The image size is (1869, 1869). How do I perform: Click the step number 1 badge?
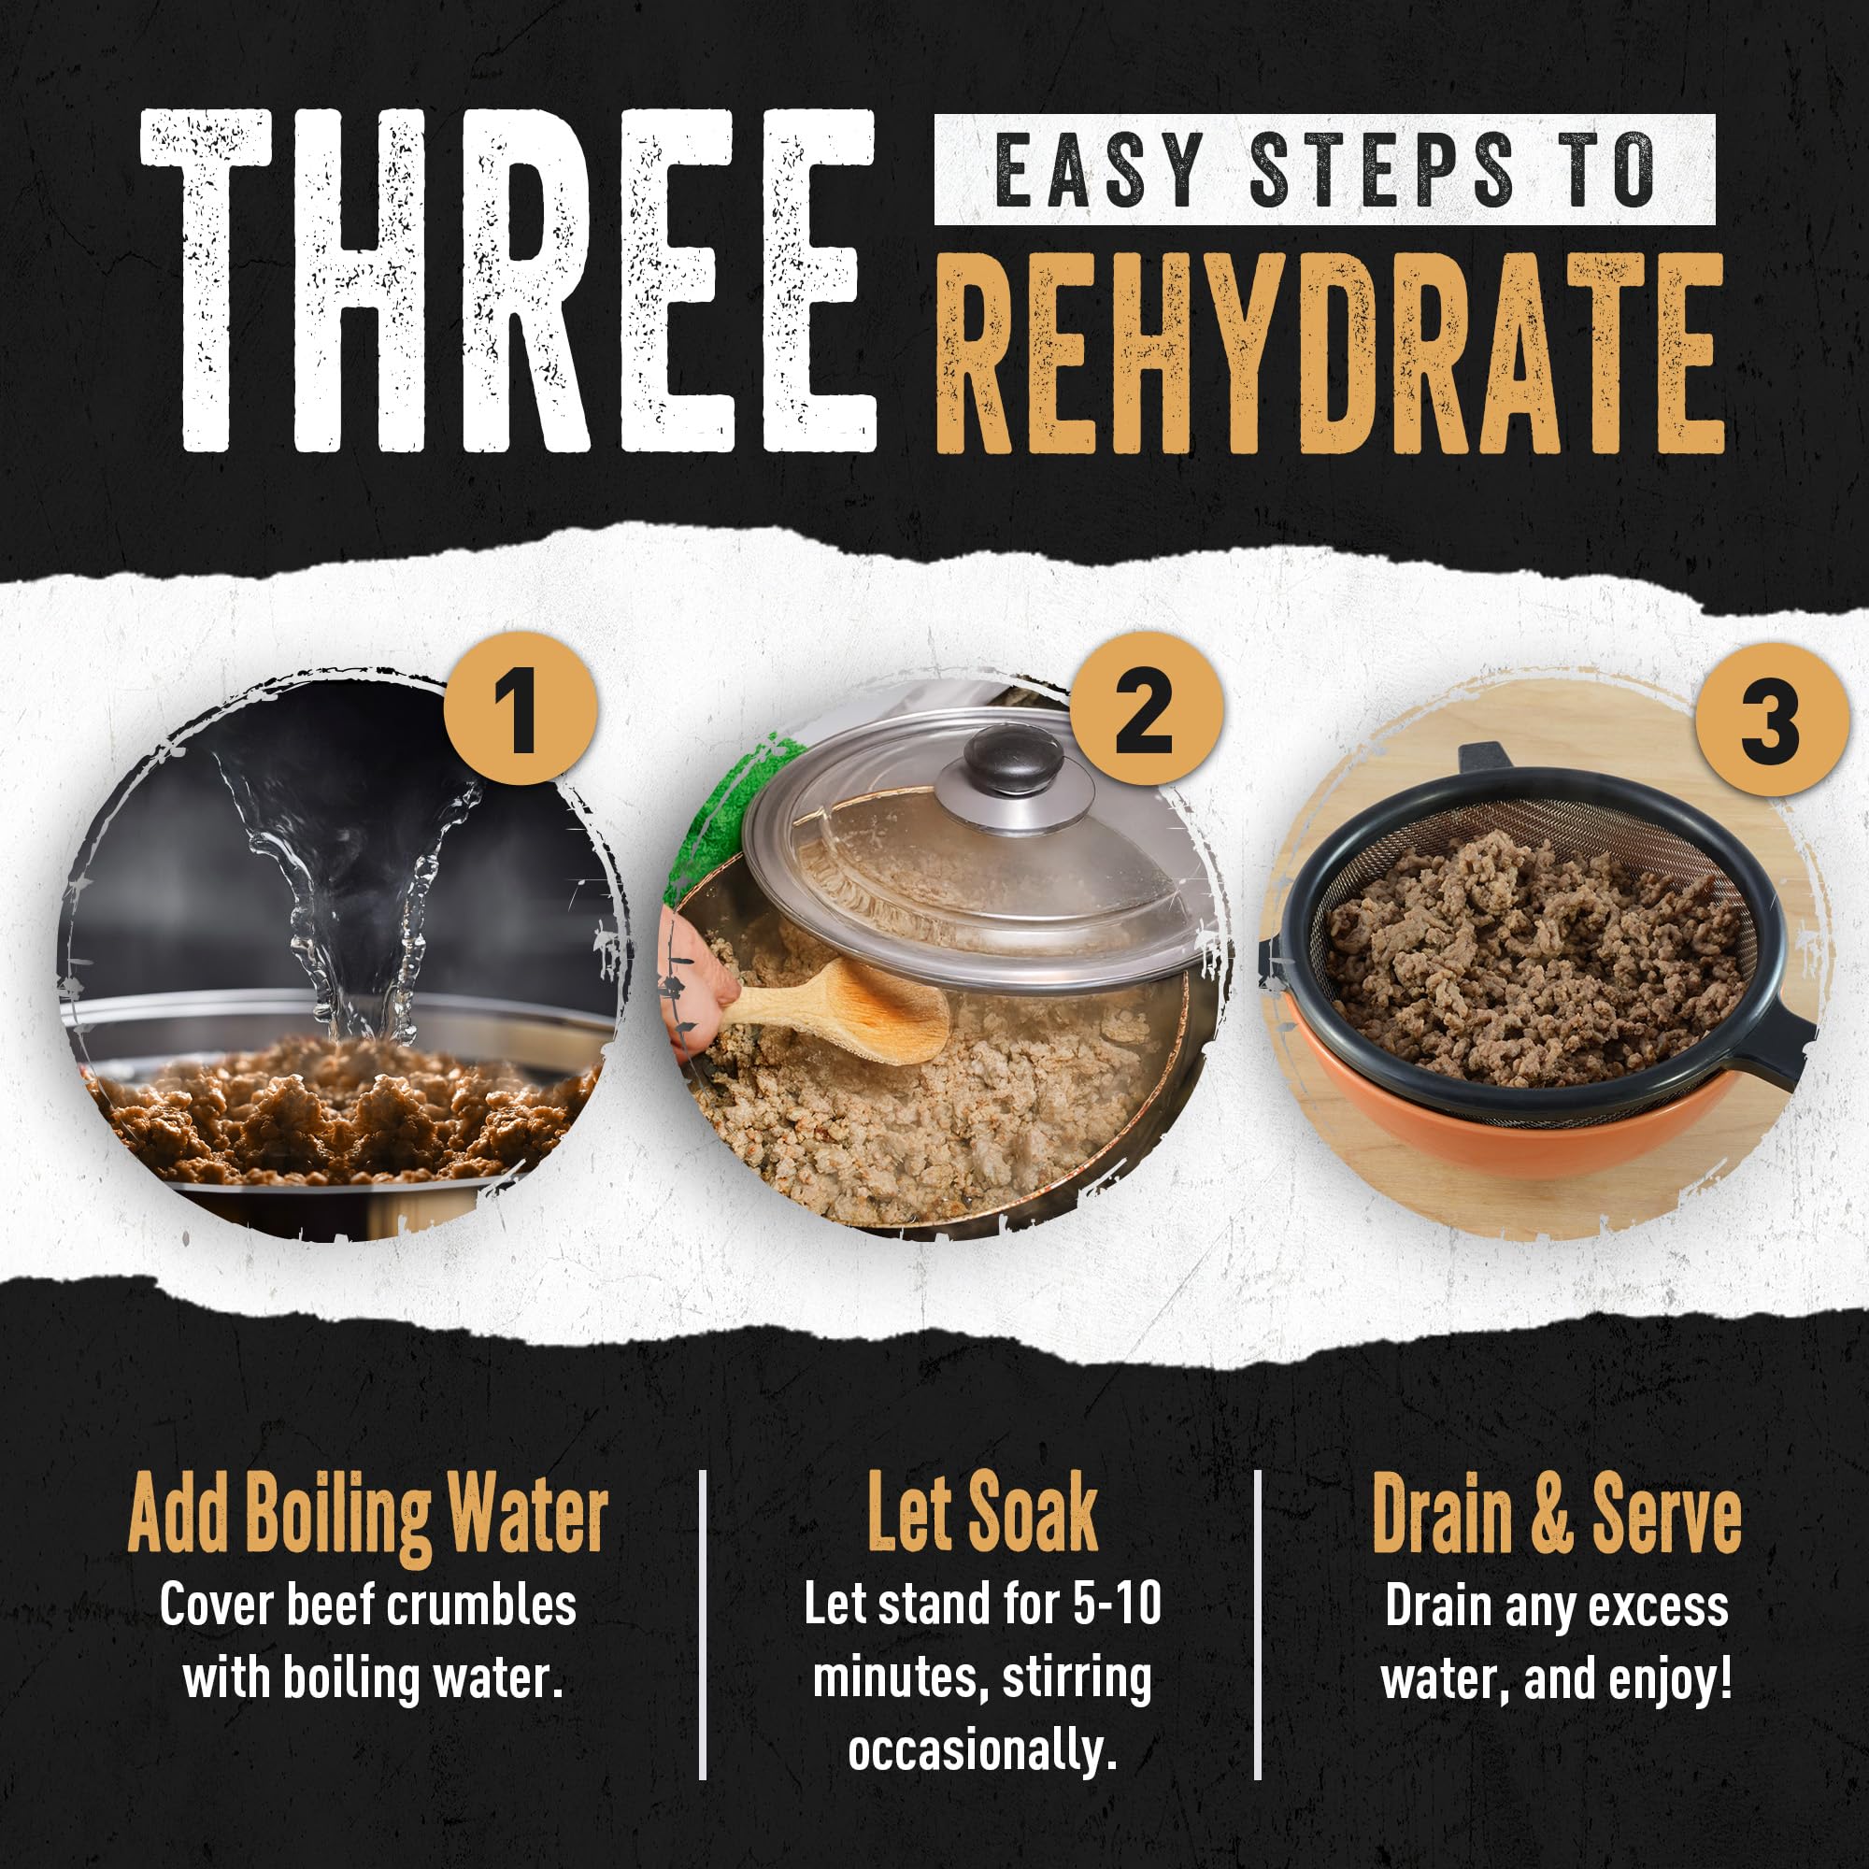[x=521, y=708]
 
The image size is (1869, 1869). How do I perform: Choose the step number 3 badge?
[x=1771, y=720]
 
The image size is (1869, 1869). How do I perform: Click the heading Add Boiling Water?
[x=368, y=1517]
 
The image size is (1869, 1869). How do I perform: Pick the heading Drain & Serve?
[x=1557, y=1515]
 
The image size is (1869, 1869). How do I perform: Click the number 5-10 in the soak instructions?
[x=1117, y=1605]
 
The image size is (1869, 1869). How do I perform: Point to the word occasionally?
[x=983, y=1751]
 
